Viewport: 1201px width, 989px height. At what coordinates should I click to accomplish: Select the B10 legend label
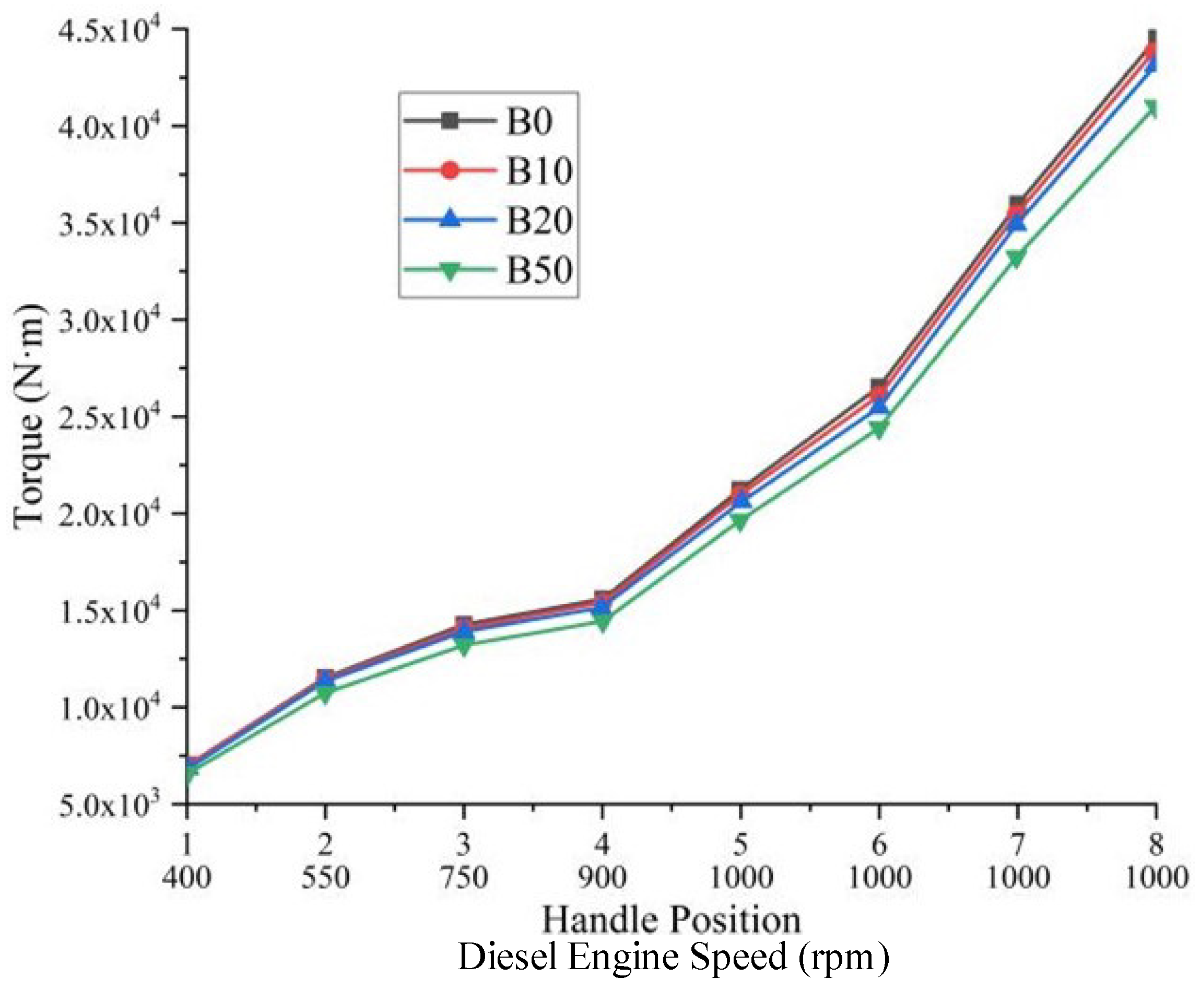tap(539, 171)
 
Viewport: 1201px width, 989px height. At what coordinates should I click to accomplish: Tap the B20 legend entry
tap(539, 220)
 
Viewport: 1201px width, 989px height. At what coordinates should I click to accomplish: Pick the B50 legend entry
tap(539, 270)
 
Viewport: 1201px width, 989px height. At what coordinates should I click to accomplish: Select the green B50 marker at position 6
tap(879, 429)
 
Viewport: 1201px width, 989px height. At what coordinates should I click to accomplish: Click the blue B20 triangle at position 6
tap(879, 405)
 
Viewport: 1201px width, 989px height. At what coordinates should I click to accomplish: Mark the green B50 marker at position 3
tap(464, 647)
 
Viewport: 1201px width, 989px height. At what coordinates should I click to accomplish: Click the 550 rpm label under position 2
tap(325, 878)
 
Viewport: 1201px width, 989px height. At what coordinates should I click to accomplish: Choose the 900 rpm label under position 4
tap(602, 878)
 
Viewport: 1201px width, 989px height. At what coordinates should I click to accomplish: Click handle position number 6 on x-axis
tap(879, 845)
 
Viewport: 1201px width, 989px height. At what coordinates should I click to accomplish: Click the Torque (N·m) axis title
tap(30, 416)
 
